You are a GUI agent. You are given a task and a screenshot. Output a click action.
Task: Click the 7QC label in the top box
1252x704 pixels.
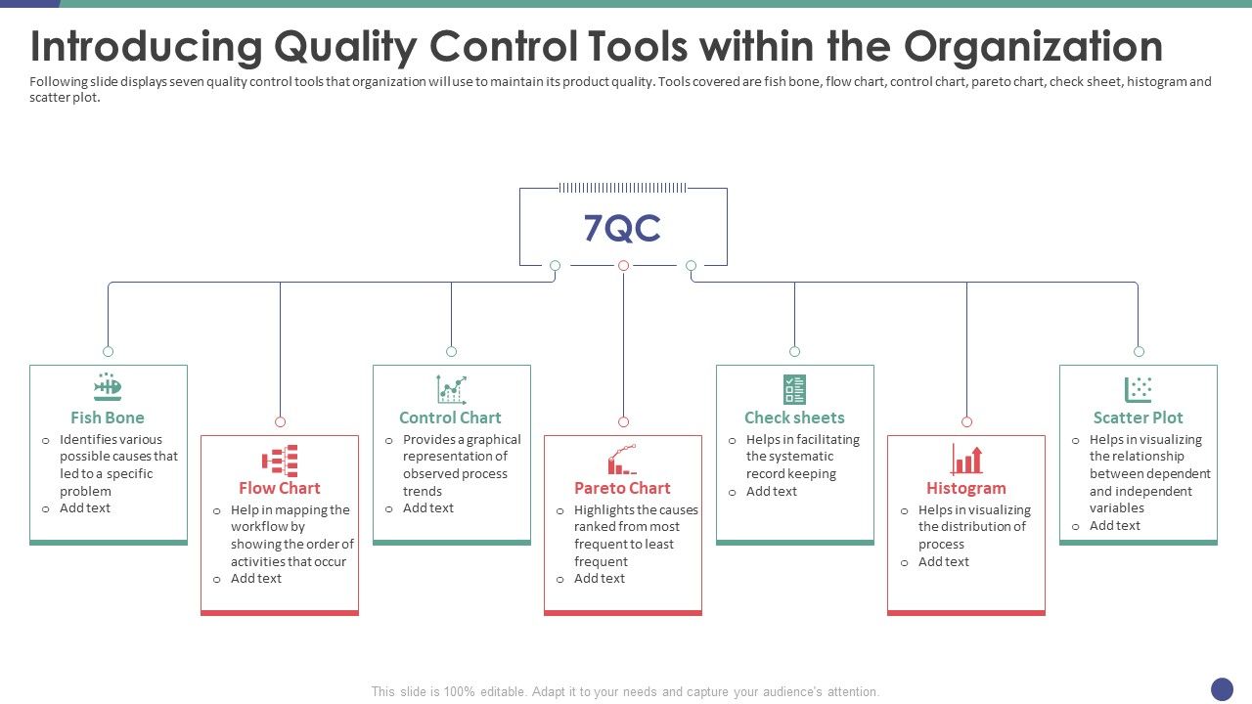coord(622,228)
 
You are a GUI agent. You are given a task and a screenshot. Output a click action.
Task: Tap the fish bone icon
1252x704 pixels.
coord(108,388)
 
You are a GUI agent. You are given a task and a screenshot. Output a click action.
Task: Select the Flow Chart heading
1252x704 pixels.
coord(280,488)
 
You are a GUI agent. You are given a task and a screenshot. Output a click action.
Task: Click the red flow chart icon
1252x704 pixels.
coord(280,460)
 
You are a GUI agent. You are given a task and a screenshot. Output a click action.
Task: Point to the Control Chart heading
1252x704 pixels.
coord(450,418)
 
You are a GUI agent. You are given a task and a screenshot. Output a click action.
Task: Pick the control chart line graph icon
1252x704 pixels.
coord(451,389)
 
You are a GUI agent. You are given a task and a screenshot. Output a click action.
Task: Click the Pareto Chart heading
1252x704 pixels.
coord(622,488)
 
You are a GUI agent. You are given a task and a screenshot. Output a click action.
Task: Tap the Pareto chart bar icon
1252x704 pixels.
coord(622,460)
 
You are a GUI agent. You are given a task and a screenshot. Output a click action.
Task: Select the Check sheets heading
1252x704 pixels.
coord(794,418)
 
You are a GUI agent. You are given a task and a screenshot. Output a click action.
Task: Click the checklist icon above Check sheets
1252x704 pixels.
coord(794,389)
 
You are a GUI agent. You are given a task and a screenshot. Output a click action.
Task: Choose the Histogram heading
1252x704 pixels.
coord(966,488)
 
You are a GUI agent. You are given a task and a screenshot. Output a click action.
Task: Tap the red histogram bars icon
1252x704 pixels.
coord(966,460)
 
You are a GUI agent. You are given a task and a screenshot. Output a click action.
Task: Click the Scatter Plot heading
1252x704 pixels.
coord(1138,418)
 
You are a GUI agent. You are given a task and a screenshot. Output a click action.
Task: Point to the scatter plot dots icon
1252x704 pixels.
coord(1138,389)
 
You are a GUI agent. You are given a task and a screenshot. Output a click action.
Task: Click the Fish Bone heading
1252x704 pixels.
coord(108,418)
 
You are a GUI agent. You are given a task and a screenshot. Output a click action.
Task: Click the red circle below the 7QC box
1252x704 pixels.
coord(623,265)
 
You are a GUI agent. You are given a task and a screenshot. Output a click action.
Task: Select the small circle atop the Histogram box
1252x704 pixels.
coord(966,422)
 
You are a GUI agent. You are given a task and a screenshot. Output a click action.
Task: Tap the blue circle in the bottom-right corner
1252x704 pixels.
coord(1222,689)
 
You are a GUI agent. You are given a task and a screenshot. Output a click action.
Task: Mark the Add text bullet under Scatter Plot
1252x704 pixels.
coord(1115,526)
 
